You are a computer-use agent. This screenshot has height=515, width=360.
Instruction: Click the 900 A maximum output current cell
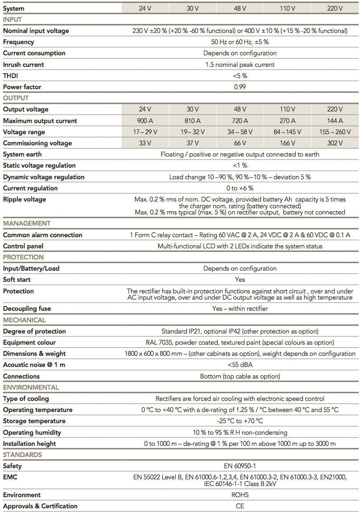(x=145, y=121)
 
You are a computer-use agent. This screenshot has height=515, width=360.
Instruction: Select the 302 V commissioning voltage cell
(x=335, y=143)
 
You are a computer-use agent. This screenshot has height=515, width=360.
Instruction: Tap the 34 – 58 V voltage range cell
(x=240, y=132)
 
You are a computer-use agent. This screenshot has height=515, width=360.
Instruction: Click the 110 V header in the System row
(x=287, y=8)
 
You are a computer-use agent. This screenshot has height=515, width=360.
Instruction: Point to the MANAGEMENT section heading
(x=27, y=223)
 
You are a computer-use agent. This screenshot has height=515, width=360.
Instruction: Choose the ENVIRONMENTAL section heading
(x=31, y=387)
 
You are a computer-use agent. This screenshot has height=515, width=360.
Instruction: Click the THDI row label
(x=11, y=76)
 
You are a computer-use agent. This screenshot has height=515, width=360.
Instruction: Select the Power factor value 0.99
(x=240, y=87)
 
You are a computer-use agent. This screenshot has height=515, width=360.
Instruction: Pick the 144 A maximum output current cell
(x=335, y=121)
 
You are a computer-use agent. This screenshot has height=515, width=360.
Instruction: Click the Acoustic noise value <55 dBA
(x=240, y=365)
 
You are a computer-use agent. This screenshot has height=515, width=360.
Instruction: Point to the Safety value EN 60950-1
(x=240, y=466)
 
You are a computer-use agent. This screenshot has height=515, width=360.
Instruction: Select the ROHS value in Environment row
(x=240, y=495)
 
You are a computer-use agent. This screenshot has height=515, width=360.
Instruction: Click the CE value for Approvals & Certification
(x=240, y=506)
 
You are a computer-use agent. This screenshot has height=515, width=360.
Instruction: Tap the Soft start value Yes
(x=240, y=280)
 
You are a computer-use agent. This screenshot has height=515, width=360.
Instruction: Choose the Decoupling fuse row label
(x=27, y=309)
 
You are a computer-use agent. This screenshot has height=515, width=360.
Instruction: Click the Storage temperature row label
(x=34, y=421)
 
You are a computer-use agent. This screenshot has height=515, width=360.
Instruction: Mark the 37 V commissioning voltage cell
(x=192, y=143)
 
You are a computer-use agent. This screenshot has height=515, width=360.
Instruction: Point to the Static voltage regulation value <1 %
(x=240, y=165)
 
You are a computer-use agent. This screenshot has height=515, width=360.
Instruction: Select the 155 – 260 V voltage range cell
(x=335, y=132)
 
